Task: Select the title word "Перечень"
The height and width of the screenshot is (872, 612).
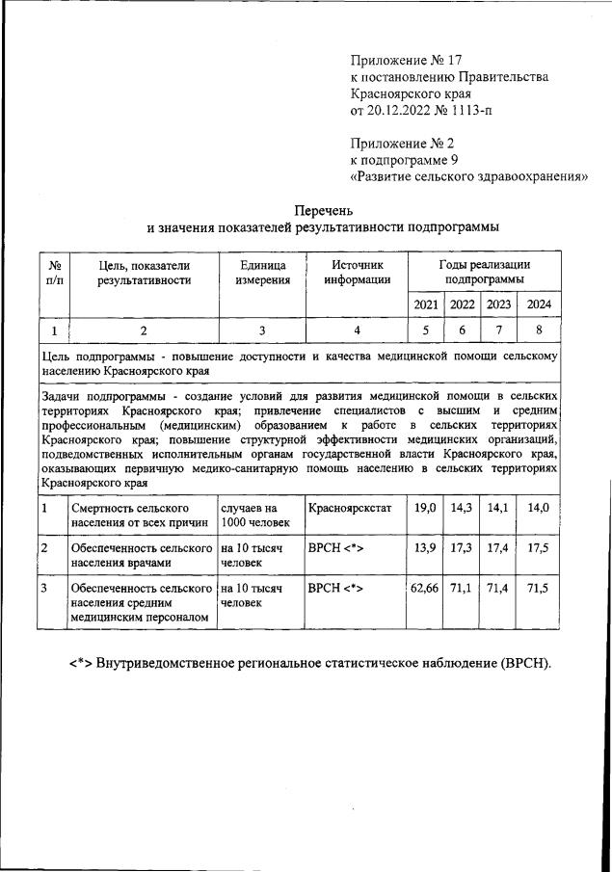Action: point(323,209)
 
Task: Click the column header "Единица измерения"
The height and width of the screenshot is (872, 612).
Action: point(262,273)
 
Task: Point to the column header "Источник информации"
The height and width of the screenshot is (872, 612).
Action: point(357,273)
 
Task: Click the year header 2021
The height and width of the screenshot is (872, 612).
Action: point(425,304)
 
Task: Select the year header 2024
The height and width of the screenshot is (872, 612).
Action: point(538,304)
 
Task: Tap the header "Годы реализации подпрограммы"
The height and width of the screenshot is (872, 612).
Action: point(484,272)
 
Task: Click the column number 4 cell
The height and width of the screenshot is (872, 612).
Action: point(357,330)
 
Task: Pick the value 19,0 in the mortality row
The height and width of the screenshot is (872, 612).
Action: point(425,507)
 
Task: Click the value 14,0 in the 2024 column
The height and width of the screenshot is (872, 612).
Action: point(538,507)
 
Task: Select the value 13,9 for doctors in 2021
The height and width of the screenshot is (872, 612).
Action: point(425,547)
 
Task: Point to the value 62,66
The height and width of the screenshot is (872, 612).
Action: point(425,587)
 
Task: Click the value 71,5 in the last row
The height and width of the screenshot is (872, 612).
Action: point(538,587)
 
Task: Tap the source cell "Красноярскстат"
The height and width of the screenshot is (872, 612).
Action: point(349,507)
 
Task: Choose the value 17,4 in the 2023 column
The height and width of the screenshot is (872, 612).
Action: point(498,547)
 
